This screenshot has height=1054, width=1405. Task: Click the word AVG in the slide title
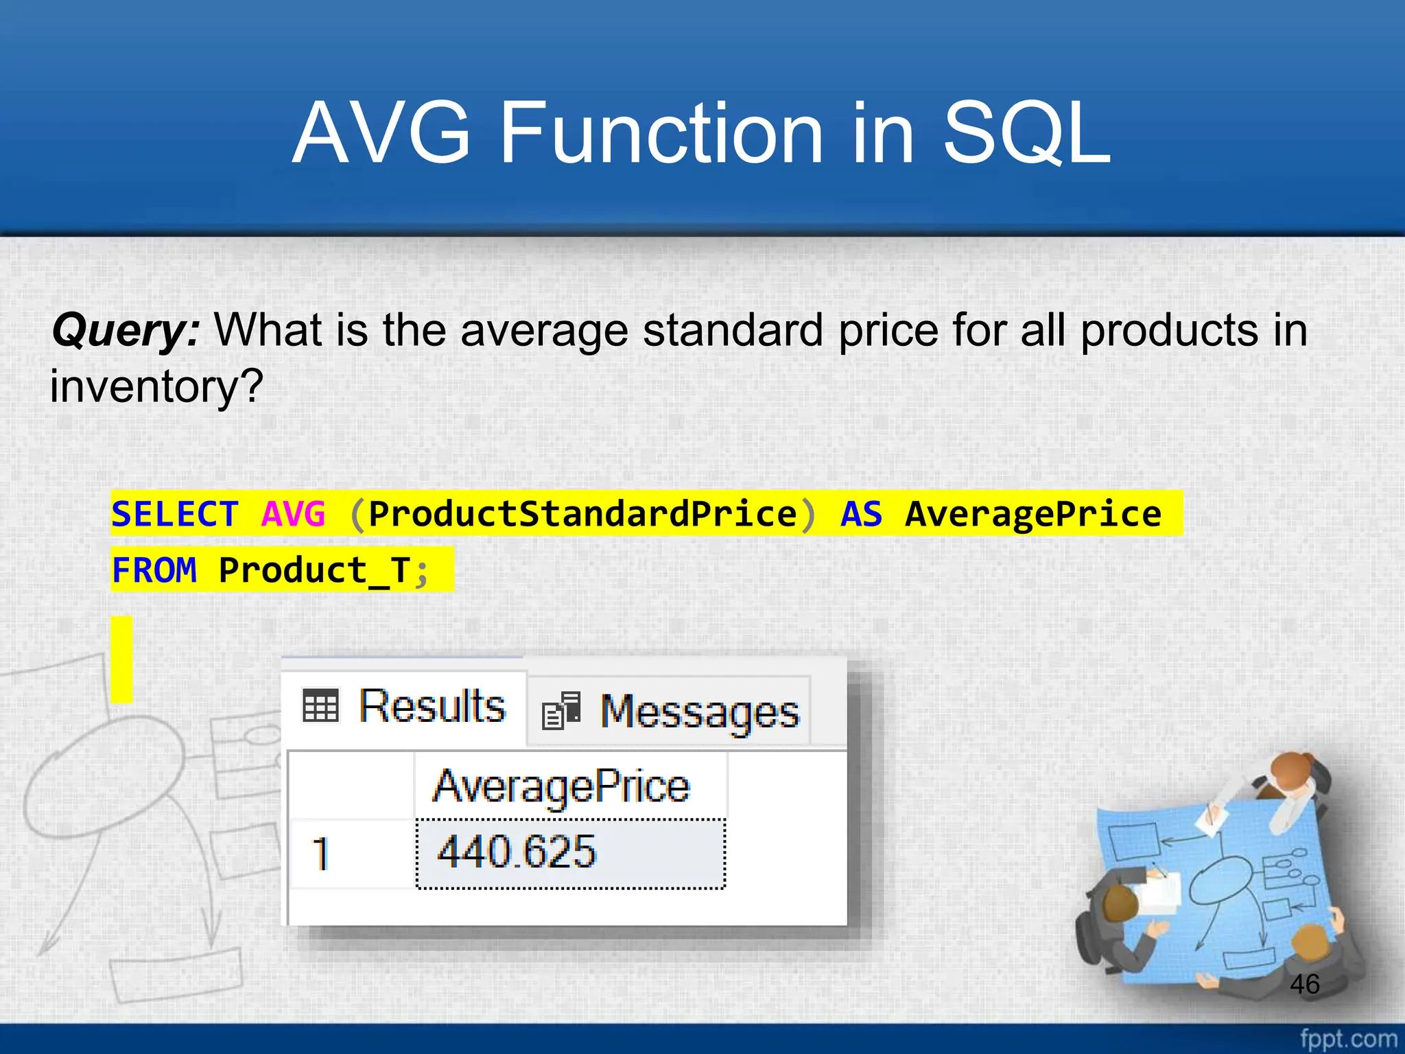381,133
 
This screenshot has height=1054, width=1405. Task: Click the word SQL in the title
1026,134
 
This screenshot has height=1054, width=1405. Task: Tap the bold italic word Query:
126,330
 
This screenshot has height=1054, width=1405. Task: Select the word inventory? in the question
156,386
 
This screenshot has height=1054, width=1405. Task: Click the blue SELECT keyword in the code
175,514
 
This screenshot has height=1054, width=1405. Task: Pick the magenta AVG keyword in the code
294,514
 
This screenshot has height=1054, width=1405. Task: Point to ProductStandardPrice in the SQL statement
582,514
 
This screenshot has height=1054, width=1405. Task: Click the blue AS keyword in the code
862,514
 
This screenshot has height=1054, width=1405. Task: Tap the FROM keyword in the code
154,570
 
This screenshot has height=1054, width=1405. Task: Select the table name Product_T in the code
314,570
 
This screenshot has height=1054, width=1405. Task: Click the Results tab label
432,706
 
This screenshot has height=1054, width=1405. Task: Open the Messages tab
700,712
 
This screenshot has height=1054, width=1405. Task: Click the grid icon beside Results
320,705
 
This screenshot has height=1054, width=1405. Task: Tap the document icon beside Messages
561,711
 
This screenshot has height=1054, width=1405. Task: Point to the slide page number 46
1304,984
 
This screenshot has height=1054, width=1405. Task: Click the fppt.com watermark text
1348,1038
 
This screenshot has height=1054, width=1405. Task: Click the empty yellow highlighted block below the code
121,659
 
